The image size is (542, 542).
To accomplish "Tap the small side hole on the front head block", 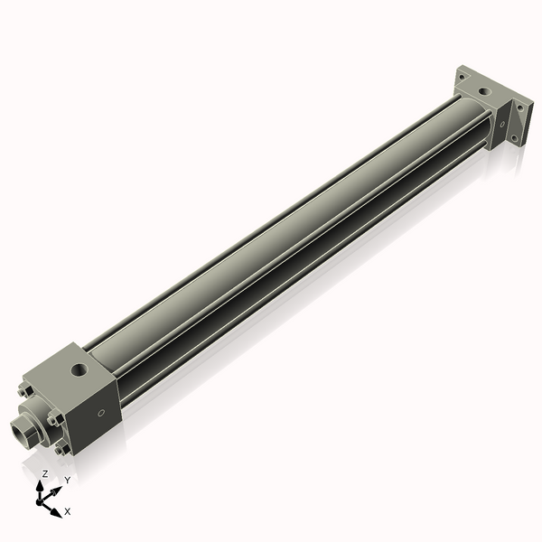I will point(101,414).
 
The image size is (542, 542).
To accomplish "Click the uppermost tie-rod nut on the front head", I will point(24,391).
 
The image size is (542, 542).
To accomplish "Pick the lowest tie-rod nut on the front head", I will point(61,449).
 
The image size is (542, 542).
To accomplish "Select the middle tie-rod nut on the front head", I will point(55,418).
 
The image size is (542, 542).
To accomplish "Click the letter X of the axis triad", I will point(68,511).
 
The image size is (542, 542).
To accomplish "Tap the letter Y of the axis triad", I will point(67,480).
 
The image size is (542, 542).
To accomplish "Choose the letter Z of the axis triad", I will point(44,473).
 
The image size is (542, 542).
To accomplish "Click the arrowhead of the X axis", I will point(57,510).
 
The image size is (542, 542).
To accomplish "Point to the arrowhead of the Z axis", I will point(42,483).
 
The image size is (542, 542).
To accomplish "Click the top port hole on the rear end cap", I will point(486,89).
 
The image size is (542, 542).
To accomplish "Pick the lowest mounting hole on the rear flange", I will point(516,139).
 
